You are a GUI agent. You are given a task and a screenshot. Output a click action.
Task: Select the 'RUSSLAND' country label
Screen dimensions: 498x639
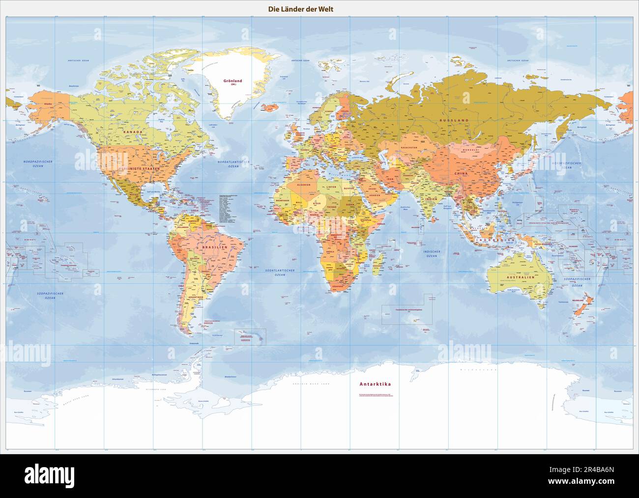point(454,120)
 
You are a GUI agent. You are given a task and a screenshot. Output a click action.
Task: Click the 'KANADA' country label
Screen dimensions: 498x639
point(133,132)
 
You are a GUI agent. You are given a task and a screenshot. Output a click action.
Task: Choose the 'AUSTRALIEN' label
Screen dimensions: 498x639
point(520,277)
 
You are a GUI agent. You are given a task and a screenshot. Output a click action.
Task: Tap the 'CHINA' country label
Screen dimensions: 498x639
point(461,173)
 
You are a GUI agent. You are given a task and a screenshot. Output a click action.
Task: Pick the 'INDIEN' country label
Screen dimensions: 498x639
point(431,199)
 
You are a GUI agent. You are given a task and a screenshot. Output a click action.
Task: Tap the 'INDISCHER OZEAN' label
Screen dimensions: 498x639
point(432,253)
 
